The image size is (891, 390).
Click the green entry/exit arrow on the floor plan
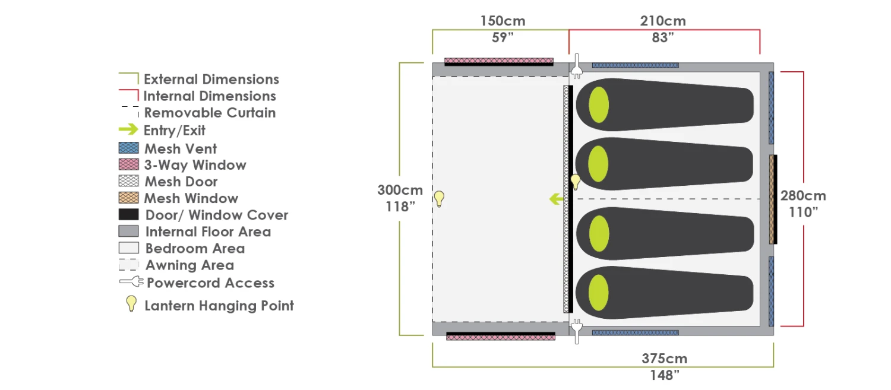pyautogui.click(x=557, y=199)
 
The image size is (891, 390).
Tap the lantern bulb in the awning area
pyautogui.click(x=439, y=198)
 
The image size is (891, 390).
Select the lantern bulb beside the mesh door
pyautogui.click(x=575, y=181)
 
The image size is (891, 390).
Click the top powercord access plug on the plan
pyautogui.click(x=576, y=68)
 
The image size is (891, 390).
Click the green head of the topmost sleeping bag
pyautogui.click(x=599, y=104)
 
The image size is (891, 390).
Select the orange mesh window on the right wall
pyautogui.click(x=772, y=199)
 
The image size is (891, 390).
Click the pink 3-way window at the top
pyautogui.click(x=499, y=61)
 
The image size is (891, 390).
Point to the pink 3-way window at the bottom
pyautogui.click(x=501, y=337)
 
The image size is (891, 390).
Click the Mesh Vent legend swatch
pyautogui.click(x=128, y=148)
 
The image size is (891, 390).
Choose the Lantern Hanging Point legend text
pyautogui.click(x=219, y=306)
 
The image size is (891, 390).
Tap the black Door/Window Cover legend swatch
pyautogui.click(x=128, y=215)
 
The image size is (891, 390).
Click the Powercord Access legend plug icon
pyautogui.click(x=131, y=283)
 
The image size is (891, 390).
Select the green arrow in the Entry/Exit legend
pyautogui.click(x=128, y=129)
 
